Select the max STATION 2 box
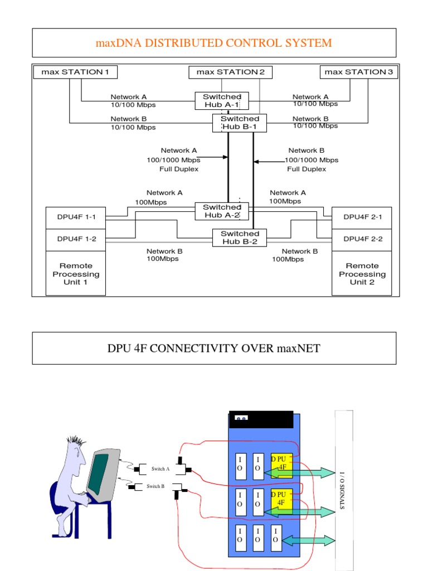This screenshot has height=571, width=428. coord(230,72)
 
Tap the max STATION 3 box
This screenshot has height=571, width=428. coord(359,72)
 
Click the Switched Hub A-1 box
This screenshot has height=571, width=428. coord(222,101)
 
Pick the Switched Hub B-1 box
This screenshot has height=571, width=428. coord(240,123)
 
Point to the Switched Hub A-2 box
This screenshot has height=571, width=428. coord(222,211)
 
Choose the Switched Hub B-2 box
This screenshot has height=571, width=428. coord(240,238)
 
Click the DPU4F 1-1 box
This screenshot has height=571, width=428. coord(76,217)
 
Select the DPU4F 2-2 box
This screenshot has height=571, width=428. coord(362,239)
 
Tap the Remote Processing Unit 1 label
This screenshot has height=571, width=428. coord(76,274)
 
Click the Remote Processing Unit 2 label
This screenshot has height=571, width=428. coord(362,274)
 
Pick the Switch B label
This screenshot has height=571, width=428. coord(155,487)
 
